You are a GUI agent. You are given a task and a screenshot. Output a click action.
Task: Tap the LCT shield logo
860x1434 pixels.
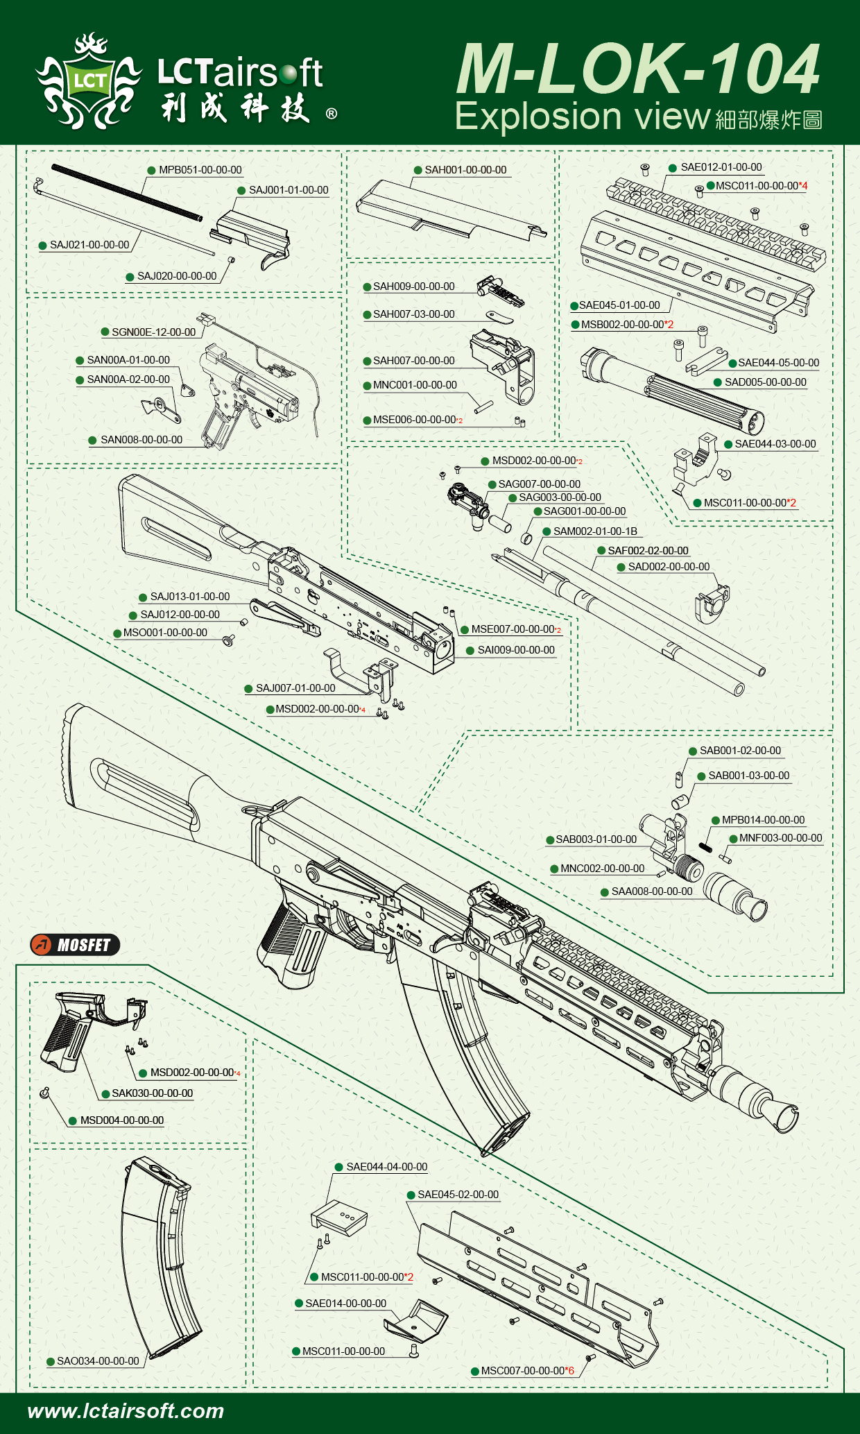[x=89, y=82]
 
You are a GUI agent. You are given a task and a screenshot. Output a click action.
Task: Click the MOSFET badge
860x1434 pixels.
[x=75, y=944]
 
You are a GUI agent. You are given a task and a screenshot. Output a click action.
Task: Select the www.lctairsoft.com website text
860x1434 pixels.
[x=126, y=1410]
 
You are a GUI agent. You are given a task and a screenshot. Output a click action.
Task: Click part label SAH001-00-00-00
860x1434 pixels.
[x=465, y=170]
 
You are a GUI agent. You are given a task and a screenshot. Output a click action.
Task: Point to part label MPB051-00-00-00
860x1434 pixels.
[x=200, y=170]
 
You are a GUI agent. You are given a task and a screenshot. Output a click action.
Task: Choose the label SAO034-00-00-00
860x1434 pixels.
[x=98, y=1361]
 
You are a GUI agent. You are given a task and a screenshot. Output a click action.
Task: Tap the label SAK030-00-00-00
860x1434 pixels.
[x=152, y=1093]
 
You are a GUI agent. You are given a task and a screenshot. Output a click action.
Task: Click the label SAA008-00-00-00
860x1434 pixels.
[x=651, y=891]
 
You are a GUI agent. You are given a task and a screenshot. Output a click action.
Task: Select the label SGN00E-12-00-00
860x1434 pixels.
[x=153, y=332]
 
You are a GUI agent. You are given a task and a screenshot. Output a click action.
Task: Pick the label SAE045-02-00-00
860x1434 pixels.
[x=458, y=1195]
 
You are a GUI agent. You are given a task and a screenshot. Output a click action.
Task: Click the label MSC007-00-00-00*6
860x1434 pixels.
[x=527, y=1371]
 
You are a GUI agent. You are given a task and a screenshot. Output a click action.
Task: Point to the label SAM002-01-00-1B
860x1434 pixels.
[x=595, y=531]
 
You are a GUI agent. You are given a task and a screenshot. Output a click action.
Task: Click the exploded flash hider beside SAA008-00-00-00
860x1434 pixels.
[x=735, y=895]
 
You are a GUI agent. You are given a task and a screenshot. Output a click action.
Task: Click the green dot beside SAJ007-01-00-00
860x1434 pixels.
[x=248, y=689]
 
